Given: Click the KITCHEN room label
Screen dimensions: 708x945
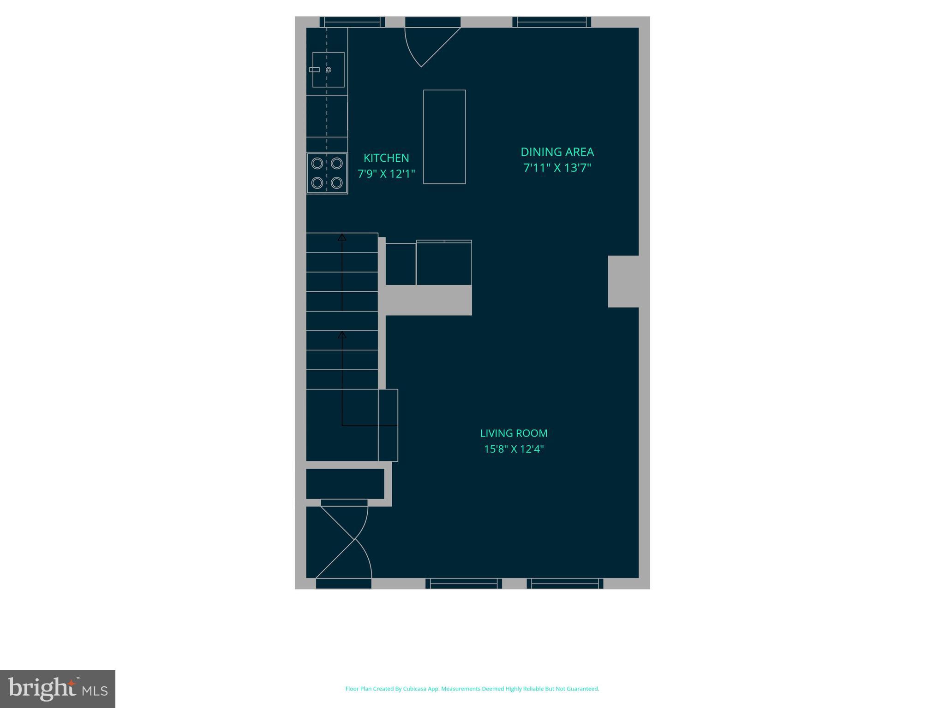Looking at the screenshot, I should pyautogui.click(x=386, y=158).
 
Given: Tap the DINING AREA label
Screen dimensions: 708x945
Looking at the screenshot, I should pyautogui.click(x=557, y=152).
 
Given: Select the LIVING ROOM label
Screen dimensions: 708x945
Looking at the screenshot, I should pyautogui.click(x=514, y=433).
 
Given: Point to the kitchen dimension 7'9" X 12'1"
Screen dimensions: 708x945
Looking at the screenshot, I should pyautogui.click(x=386, y=174).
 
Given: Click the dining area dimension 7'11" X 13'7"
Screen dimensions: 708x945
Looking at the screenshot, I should pyautogui.click(x=557, y=168).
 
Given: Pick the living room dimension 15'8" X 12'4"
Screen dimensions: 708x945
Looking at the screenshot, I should pyautogui.click(x=514, y=449).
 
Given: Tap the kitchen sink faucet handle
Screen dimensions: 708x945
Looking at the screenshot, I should pyautogui.click(x=314, y=70).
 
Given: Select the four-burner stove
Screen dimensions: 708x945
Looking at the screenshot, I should pyautogui.click(x=327, y=173).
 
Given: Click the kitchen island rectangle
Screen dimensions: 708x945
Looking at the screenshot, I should pyautogui.click(x=444, y=137).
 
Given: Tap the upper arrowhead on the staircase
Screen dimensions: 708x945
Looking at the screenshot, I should pyautogui.click(x=342, y=237).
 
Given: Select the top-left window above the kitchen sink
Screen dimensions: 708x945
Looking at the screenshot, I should pyautogui.click(x=352, y=22).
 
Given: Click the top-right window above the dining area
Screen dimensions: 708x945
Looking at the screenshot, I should pyautogui.click(x=552, y=22).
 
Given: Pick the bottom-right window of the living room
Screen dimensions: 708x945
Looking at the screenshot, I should pyautogui.click(x=565, y=584).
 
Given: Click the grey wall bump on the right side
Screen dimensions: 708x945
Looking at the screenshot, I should pyautogui.click(x=623, y=281).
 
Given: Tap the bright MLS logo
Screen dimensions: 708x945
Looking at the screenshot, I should pyautogui.click(x=58, y=689).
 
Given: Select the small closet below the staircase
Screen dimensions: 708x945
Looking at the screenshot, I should pyautogui.click(x=345, y=484).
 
